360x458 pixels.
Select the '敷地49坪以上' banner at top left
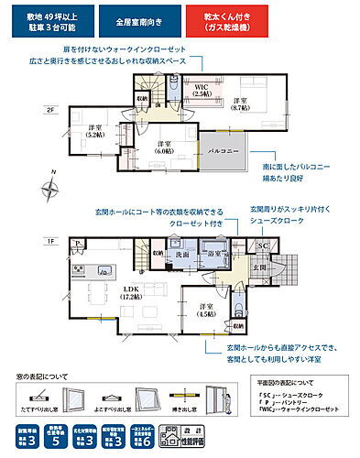58,22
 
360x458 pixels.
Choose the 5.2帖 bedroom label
94,132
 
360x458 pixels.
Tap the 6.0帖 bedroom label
165,147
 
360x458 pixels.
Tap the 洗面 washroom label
183,254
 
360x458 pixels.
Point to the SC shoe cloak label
261,247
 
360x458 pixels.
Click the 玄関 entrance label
259,267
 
